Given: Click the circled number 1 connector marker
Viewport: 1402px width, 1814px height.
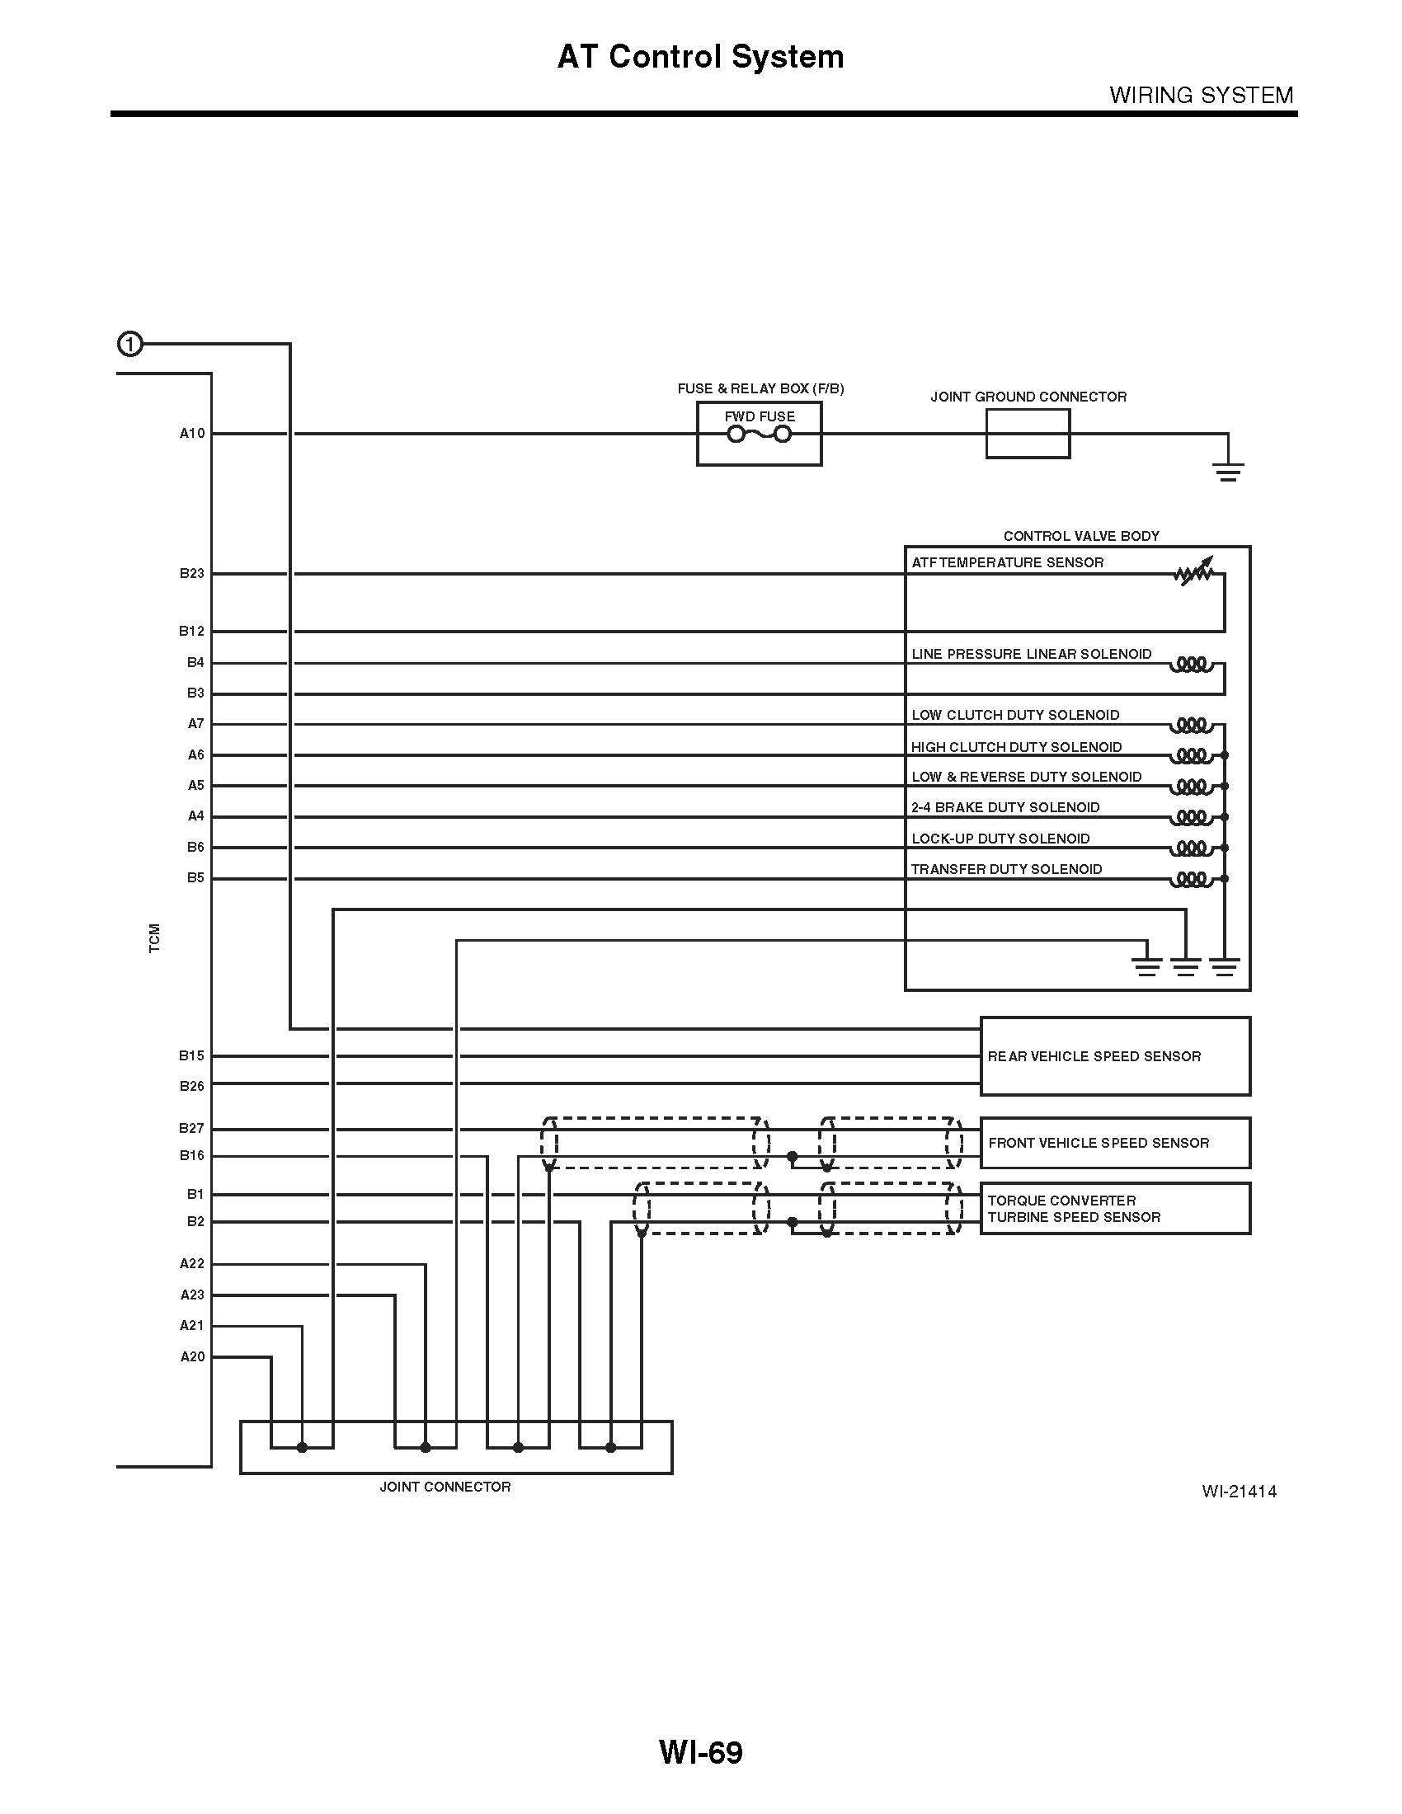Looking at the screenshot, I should pos(130,344).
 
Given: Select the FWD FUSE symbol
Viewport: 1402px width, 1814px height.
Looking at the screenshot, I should pos(759,435).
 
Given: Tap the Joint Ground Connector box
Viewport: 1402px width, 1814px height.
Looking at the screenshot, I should pos(1028,434).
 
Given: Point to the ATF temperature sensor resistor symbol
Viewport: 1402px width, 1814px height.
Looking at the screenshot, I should pos(1194,573).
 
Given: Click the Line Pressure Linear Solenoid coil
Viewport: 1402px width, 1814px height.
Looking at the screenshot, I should pos(1192,665).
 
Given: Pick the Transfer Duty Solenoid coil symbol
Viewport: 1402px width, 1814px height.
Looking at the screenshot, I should pos(1192,879).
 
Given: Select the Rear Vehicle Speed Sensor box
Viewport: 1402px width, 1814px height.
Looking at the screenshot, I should pos(1115,1055).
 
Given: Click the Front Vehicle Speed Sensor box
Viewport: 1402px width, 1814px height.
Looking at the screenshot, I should pos(1115,1143).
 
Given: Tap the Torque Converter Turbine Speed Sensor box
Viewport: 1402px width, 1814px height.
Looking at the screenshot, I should pos(1115,1209).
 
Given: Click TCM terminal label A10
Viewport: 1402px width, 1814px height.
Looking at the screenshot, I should pos(192,434).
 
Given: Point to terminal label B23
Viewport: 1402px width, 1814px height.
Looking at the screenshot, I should pos(192,573).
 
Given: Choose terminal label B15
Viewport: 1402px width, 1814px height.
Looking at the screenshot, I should pos(192,1055).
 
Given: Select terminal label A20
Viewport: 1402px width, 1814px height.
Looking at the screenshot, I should pos(192,1356).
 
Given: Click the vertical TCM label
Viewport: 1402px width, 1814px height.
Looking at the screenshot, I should pos(154,938).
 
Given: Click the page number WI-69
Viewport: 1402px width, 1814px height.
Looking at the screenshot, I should pos(700,1752).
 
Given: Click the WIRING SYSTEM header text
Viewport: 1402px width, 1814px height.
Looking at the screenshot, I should pos(1201,96).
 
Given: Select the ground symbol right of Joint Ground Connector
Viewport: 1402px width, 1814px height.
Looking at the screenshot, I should pos(1228,472).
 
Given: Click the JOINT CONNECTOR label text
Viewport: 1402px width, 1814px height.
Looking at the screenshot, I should pos(445,1487).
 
